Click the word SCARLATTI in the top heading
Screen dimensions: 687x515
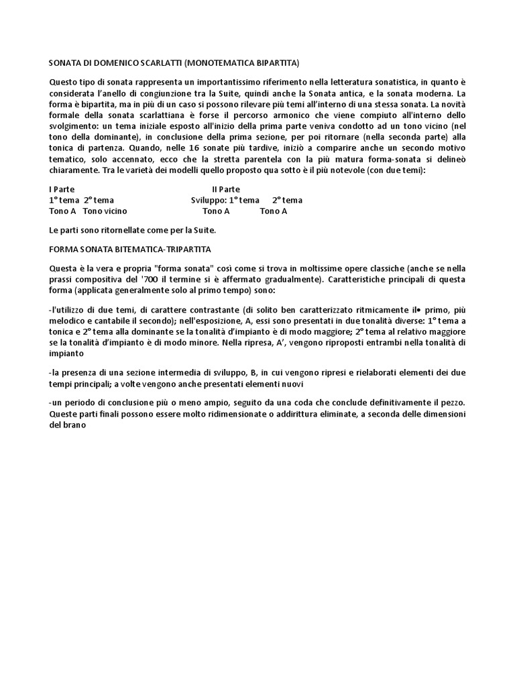(155, 63)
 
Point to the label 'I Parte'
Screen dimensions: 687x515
(62, 190)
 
